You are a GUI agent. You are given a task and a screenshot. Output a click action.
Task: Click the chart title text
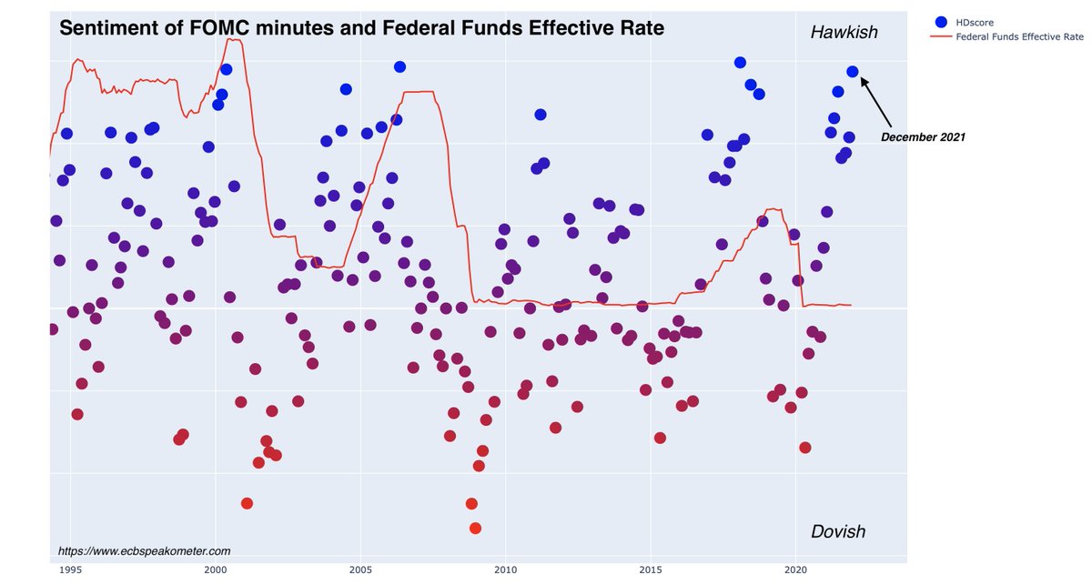pos(361,28)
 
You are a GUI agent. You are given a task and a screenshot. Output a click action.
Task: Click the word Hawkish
pos(844,33)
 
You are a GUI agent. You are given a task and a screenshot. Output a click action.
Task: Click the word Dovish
pos(837,531)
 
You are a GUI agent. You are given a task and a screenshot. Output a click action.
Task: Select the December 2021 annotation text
pos(922,137)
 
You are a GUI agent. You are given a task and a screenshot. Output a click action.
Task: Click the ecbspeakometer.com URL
pos(144,550)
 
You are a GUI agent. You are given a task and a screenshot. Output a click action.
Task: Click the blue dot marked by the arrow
pos(853,71)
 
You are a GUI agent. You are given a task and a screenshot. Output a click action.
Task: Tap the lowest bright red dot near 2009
pos(475,528)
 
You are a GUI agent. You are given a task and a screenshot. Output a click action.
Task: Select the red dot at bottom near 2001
pos(247,503)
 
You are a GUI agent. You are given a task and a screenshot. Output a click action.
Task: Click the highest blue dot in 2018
pos(740,62)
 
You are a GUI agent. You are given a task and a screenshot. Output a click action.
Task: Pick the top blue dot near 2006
pos(399,66)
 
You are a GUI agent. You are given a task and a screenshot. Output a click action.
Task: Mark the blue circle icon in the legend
pos(941,22)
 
